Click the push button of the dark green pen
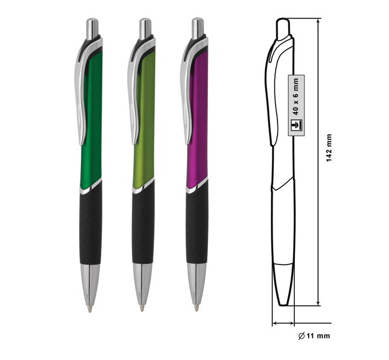(92, 29)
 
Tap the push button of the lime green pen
(145, 29)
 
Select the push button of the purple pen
(198, 28)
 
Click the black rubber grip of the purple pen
(197, 223)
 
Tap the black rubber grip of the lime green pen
(143, 223)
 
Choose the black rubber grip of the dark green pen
(91, 223)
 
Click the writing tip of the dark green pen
(90, 308)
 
